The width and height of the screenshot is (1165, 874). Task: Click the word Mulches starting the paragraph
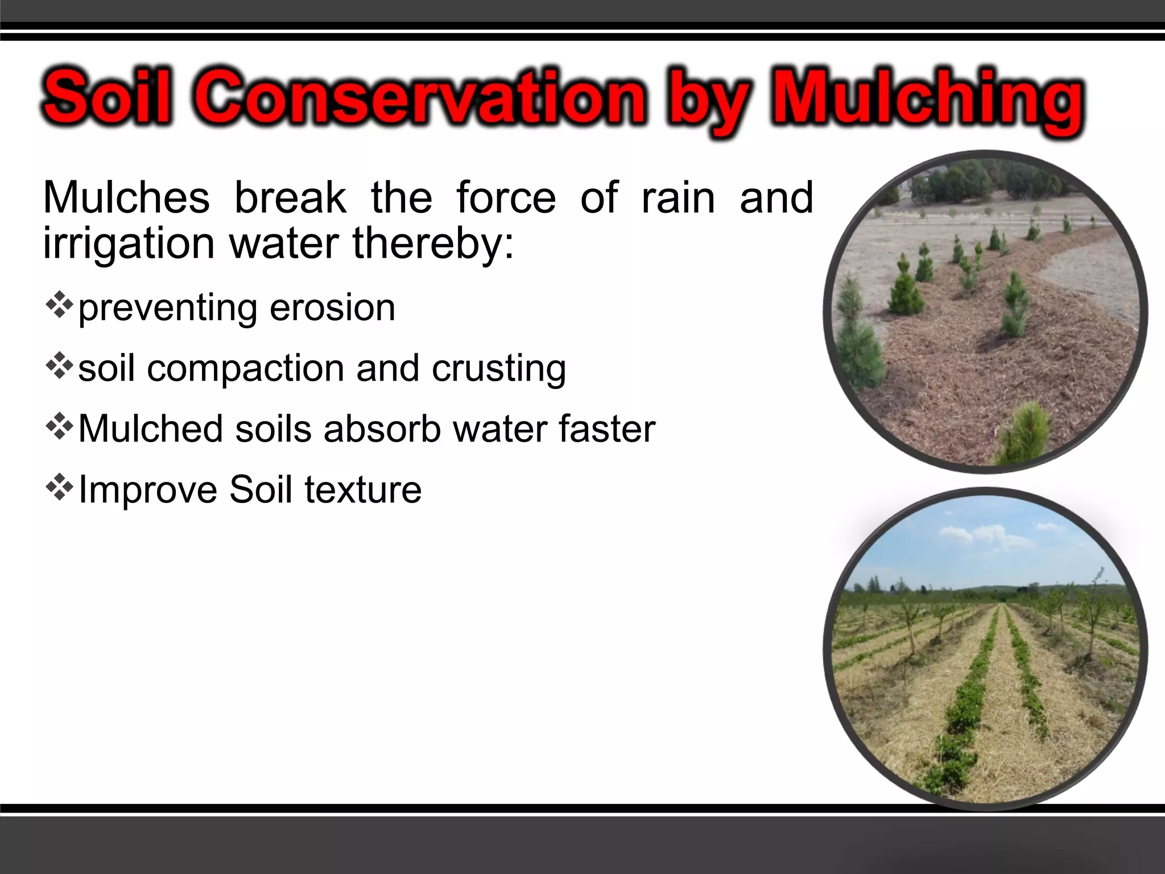[x=126, y=198]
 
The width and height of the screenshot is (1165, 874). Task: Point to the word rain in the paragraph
[x=678, y=198]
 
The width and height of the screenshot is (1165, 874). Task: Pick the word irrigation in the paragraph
[x=129, y=243]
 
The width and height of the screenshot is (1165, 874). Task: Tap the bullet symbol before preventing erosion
[x=59, y=305]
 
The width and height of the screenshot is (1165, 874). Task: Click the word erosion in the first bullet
[x=332, y=308]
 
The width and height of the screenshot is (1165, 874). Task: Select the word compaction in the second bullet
[x=245, y=368]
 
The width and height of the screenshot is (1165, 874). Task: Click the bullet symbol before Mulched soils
[x=59, y=426]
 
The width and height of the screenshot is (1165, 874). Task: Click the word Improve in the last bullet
[x=148, y=490]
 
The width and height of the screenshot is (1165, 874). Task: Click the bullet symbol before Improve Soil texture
[x=59, y=487]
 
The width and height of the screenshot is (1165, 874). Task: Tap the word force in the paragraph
[x=506, y=198]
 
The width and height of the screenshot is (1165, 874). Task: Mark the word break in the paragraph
[x=290, y=198]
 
